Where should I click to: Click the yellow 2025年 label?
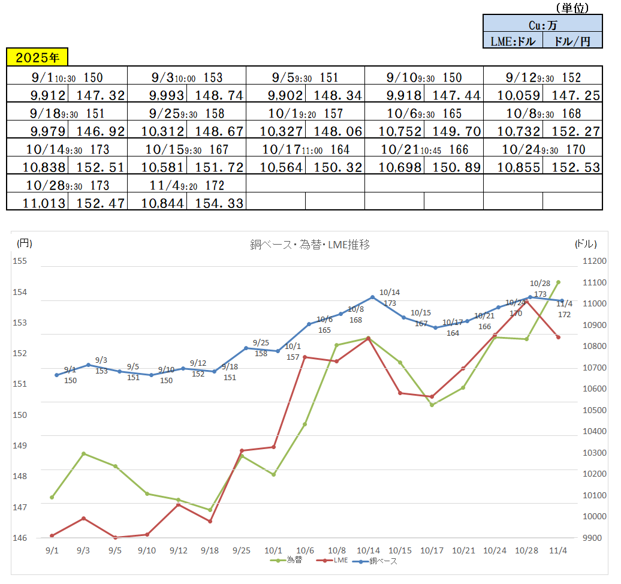coord(37,58)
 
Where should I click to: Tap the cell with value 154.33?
coord(216,203)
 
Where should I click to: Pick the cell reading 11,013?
coord(37,203)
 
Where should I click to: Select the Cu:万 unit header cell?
coord(542,25)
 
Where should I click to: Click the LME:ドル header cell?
coord(513,41)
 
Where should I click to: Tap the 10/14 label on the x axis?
coord(368,550)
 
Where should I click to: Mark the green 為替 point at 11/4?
coord(558,282)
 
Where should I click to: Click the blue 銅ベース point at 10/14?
coord(372,297)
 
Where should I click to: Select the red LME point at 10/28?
coord(527,301)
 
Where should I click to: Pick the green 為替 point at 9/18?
coord(210,510)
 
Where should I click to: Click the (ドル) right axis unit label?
coord(586,243)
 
